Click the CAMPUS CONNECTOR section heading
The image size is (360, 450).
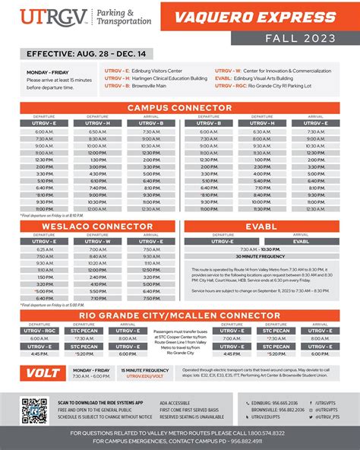coord(180,108)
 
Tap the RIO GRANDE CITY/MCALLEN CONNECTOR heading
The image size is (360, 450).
coord(180,314)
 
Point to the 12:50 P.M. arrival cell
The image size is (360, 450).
coord(151,270)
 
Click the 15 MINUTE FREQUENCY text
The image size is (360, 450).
coord(145,370)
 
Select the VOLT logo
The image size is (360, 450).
coord(43,373)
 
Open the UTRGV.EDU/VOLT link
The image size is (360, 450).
coord(145,376)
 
